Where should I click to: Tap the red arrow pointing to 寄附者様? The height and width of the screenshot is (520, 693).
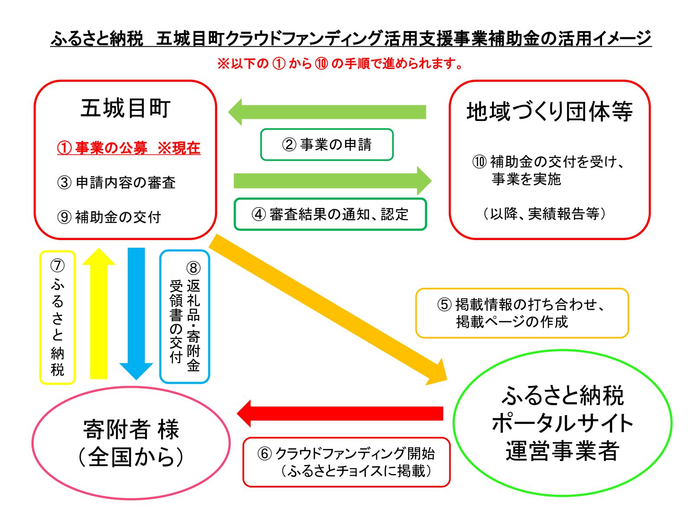click(340, 413)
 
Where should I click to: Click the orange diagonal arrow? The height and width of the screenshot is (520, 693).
click(328, 310)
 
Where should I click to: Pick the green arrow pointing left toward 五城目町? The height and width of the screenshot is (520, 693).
click(327, 112)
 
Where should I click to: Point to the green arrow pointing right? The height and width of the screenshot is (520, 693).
click(333, 181)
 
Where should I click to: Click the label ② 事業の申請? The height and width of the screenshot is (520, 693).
click(327, 145)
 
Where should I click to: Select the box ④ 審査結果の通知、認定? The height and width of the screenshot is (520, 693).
click(330, 214)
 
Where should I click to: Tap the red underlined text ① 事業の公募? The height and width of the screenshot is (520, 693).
click(102, 148)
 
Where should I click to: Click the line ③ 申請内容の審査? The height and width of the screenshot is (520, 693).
click(116, 182)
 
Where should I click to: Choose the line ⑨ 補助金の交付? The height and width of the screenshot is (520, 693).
click(109, 217)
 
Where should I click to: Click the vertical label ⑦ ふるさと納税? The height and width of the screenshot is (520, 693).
click(57, 318)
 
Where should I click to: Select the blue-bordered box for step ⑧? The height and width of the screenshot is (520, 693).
click(185, 317)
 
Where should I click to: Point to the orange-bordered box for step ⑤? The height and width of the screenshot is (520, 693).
click(522, 313)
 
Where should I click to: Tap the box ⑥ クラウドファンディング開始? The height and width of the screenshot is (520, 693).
click(346, 462)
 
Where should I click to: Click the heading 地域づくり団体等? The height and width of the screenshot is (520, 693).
click(550, 111)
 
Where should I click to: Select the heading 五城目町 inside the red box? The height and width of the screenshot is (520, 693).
click(126, 108)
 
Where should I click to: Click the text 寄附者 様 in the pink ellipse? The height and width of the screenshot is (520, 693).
click(131, 430)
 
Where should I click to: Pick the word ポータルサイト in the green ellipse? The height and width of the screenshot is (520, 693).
click(562, 423)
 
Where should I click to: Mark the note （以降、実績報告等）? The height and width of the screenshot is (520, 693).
click(544, 214)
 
